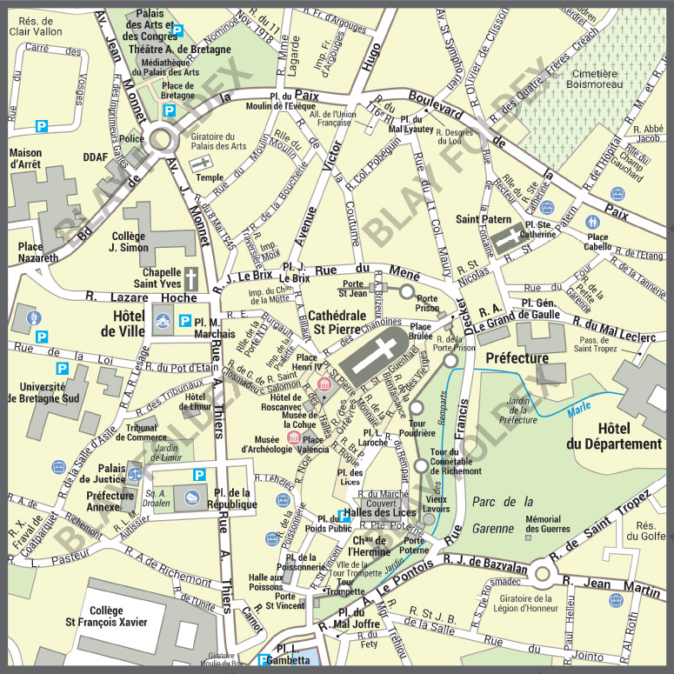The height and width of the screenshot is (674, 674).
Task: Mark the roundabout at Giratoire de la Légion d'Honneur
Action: coord(544,573)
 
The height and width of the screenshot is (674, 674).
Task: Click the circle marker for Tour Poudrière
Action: coord(416,407)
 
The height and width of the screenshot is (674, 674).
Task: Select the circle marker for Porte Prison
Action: coord(406,292)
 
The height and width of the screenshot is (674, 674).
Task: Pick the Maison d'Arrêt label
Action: coord(25,158)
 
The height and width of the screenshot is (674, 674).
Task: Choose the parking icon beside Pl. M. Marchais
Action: coord(184,321)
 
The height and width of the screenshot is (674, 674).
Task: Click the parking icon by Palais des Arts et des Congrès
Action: coord(177,30)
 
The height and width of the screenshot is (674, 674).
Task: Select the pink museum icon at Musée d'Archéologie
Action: coord(293,437)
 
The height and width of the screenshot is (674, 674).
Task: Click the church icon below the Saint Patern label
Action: coord(504,244)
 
